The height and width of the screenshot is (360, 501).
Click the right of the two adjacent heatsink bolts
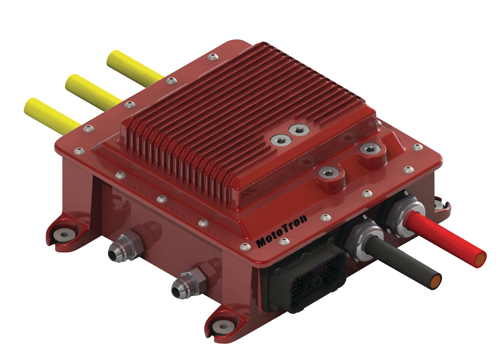[299, 130]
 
